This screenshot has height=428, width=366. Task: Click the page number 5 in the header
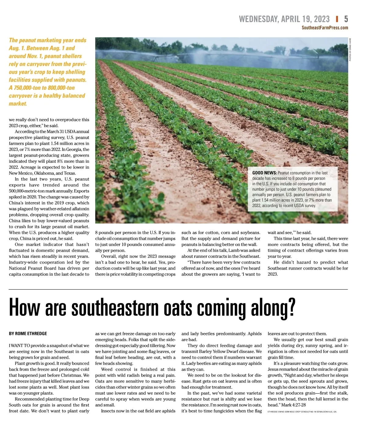tap(346, 19)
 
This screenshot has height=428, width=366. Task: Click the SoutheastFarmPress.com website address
tap(325, 28)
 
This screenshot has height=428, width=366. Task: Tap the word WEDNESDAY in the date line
tap(258, 19)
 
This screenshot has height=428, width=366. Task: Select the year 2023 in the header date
tap(321, 19)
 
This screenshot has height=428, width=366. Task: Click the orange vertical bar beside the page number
tap(337, 19)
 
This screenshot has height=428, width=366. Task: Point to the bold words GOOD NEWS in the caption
tap(264, 173)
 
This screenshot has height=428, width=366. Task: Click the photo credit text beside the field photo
tap(350, 49)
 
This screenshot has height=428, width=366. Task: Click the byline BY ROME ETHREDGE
tap(28, 334)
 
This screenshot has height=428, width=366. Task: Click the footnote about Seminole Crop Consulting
tap(302, 412)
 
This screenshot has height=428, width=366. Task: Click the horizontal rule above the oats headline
tap(178, 289)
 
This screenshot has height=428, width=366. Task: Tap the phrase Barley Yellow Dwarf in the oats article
tap(219, 352)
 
